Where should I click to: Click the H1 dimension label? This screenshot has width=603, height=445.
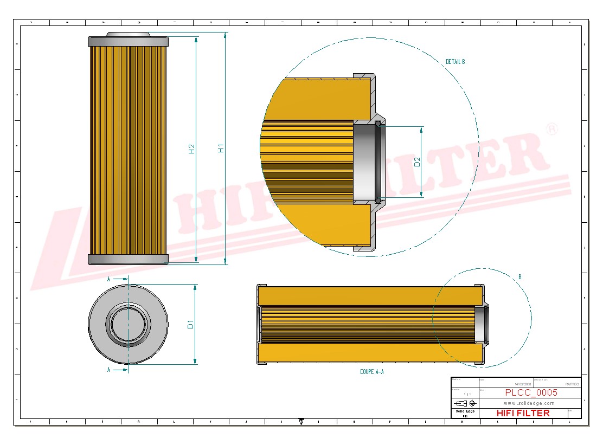221,148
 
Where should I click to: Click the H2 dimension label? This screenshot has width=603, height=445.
191,149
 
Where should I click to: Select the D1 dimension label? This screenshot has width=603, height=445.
190,324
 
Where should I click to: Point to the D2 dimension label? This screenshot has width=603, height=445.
417,162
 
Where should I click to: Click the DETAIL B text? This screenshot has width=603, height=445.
455,62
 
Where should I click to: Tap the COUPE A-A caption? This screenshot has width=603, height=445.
371,372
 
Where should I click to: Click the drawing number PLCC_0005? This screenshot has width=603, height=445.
531,393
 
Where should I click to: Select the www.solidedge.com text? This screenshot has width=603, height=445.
529,403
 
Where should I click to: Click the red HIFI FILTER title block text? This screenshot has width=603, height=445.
523,413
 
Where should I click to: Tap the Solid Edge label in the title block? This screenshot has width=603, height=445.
465,411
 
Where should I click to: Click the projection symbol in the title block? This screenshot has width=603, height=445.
467,403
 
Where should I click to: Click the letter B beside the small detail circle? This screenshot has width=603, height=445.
519,277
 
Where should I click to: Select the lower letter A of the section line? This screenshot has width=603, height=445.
108,370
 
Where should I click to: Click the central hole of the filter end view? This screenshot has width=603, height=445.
128,324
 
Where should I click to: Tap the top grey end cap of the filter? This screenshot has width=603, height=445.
128,41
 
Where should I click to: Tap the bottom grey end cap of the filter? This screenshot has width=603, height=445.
128,259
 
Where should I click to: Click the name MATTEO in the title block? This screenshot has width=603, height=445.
572,384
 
